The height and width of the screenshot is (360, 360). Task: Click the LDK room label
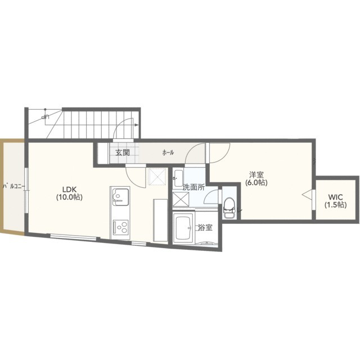click(x=69, y=189)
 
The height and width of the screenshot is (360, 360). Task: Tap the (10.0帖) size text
click(x=69, y=197)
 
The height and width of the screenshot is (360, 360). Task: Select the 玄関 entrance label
click(x=123, y=152)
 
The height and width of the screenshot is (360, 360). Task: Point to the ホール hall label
click(x=168, y=152)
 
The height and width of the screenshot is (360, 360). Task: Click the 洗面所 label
click(x=193, y=187)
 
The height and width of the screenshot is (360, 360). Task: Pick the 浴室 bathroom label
click(x=205, y=227)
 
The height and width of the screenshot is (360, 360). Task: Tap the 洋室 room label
click(x=256, y=175)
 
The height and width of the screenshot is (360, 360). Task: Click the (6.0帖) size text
click(x=256, y=183)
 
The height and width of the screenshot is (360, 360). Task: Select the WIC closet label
click(x=335, y=197)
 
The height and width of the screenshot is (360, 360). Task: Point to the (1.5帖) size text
click(x=335, y=205)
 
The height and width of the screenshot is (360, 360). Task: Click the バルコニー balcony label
click(x=13, y=186)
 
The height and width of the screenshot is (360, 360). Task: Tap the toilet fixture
click(x=229, y=208)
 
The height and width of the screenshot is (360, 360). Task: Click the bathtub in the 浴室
click(x=184, y=228)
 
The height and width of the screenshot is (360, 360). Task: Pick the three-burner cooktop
click(x=121, y=227)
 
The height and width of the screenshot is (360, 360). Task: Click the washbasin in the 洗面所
click(x=178, y=178)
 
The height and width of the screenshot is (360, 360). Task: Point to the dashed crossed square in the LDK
click(x=157, y=176)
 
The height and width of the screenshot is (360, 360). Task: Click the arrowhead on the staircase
click(x=136, y=125)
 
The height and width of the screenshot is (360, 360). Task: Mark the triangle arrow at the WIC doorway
click(x=307, y=195)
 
